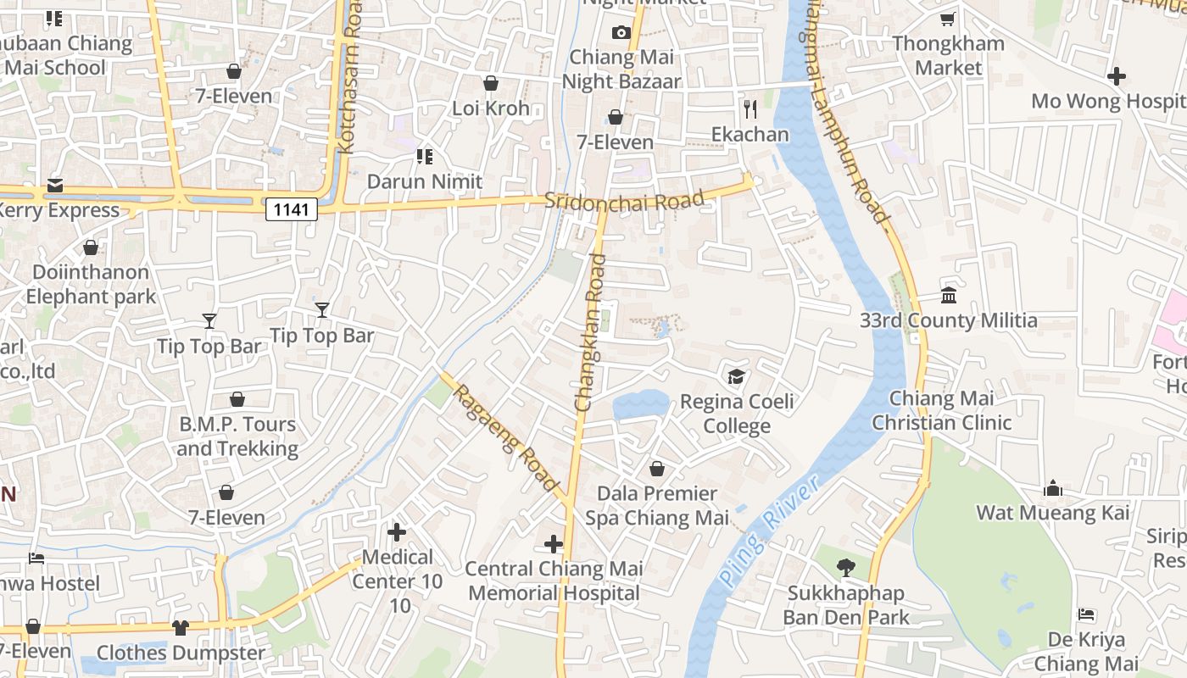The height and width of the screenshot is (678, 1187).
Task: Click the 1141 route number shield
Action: click(291, 208)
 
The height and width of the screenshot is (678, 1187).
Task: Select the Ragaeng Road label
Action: click(507, 438)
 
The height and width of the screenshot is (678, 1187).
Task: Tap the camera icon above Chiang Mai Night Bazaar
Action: click(621, 33)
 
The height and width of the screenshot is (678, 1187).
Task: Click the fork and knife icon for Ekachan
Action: click(750, 108)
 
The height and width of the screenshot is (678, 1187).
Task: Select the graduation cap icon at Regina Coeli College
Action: click(736, 376)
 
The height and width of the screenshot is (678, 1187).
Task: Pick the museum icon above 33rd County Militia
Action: click(949, 296)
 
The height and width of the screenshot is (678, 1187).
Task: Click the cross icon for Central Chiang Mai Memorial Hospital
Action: click(554, 543)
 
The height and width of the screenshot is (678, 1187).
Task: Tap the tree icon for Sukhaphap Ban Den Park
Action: click(845, 568)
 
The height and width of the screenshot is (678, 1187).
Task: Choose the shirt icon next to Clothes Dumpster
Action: click(180, 627)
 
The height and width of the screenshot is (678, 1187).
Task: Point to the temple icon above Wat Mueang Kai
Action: click(1053, 488)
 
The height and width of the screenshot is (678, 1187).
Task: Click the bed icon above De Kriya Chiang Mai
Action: click(1086, 614)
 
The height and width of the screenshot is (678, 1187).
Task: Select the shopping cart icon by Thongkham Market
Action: click(948, 19)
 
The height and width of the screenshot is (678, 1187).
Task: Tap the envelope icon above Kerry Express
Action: click(55, 186)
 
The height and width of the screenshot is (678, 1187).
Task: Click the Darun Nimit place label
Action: click(424, 181)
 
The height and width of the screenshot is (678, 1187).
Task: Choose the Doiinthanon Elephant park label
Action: click(91, 284)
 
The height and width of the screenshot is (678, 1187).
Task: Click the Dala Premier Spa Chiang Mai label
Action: click(657, 505)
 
